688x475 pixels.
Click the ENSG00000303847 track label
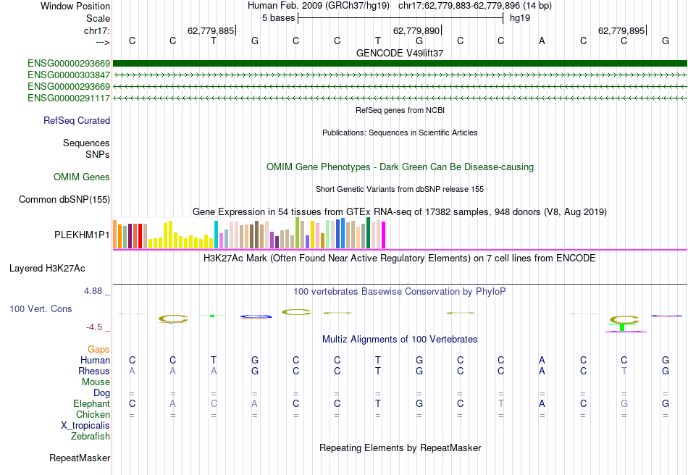(x=69, y=75)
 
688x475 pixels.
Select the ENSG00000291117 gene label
(x=69, y=98)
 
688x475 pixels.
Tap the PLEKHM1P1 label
(x=82, y=235)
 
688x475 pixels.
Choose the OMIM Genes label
(x=82, y=177)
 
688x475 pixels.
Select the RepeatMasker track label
(x=80, y=458)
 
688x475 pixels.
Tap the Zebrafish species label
(x=91, y=437)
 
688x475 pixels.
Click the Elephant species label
(x=91, y=403)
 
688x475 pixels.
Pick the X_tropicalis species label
(x=85, y=426)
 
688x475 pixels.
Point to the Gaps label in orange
(x=98, y=349)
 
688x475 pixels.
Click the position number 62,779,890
(x=416, y=31)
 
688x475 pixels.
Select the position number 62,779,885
(x=211, y=31)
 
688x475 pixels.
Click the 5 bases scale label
(x=278, y=17)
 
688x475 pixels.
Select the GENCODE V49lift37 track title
(x=400, y=53)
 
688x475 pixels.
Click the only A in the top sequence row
(x=542, y=41)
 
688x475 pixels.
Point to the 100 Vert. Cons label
(x=41, y=309)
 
